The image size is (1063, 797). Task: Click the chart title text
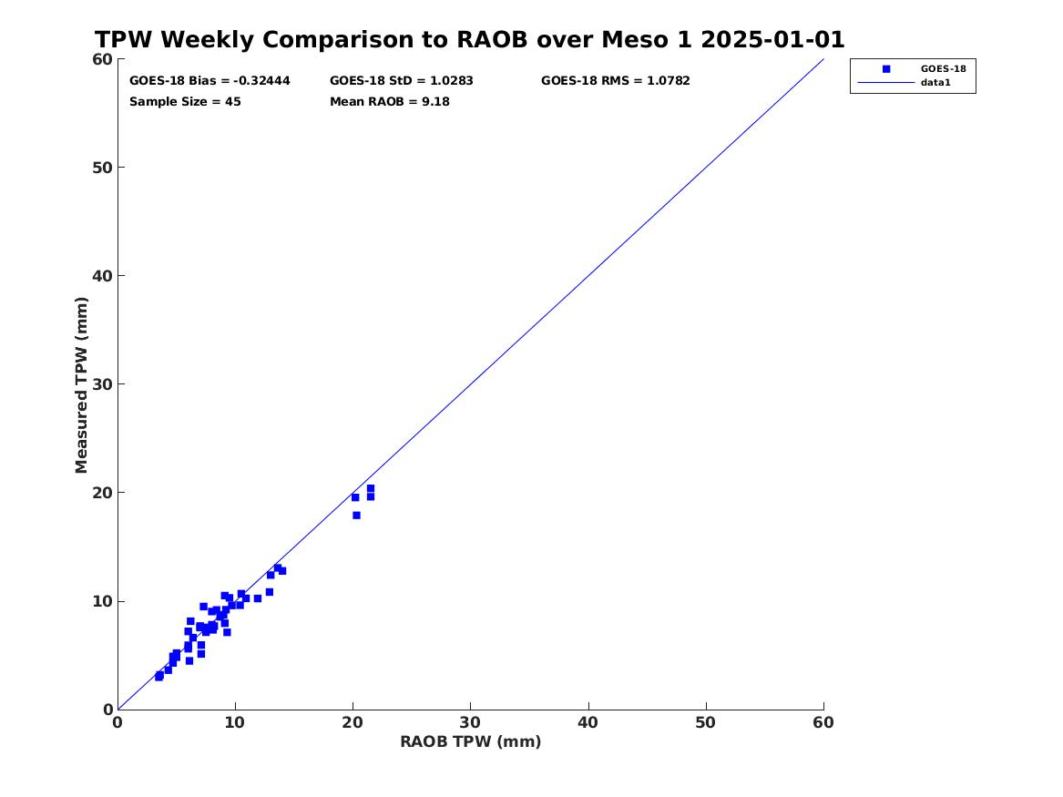[469, 39]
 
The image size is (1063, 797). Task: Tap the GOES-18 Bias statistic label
[210, 81]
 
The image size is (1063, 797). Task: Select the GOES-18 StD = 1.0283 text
[402, 81]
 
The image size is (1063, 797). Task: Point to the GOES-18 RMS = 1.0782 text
[616, 81]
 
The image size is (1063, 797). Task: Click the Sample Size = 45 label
[185, 102]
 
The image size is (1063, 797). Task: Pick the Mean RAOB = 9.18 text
[390, 102]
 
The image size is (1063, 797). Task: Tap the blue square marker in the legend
[886, 69]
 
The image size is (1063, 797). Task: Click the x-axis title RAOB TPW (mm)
[471, 741]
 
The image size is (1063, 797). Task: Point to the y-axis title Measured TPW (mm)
[81, 385]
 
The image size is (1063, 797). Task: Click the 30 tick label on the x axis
[471, 722]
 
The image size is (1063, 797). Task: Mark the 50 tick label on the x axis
[706, 722]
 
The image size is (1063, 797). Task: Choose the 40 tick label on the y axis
[102, 276]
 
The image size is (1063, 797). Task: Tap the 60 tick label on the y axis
[102, 59]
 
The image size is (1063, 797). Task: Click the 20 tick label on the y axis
[102, 493]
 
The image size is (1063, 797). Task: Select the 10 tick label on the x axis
[235, 722]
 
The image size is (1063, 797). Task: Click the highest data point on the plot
[370, 488]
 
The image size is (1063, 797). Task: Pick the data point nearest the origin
[159, 677]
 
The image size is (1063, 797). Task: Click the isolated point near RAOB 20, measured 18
[356, 516]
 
